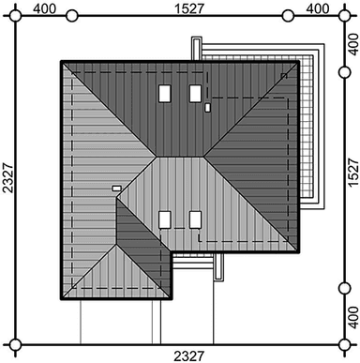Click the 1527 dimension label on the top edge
[x=189, y=8]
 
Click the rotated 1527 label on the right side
[x=353, y=173]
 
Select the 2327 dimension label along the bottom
[x=189, y=356]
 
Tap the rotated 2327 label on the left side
[x=8, y=177]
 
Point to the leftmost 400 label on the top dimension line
[x=45, y=8]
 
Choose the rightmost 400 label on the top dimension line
[x=318, y=8]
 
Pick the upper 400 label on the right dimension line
[x=353, y=44]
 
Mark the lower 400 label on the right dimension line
[x=353, y=317]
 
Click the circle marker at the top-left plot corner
[x=15, y=15]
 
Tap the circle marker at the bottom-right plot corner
[x=344, y=344]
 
